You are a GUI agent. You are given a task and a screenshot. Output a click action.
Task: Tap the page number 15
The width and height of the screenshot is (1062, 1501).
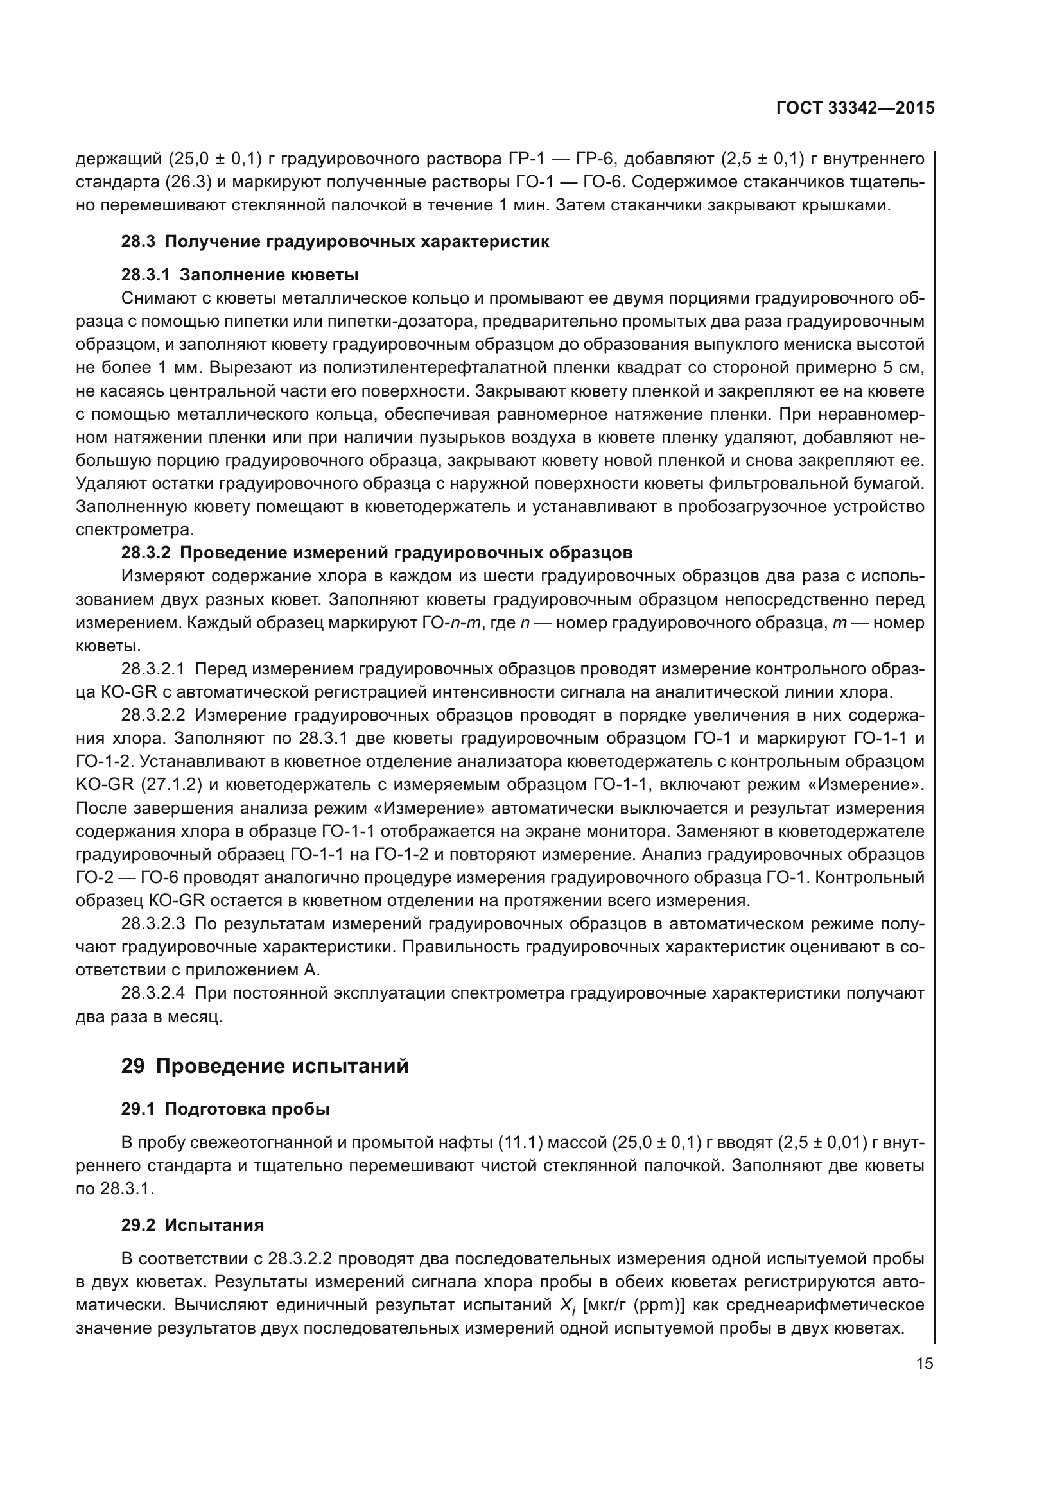coord(924,1364)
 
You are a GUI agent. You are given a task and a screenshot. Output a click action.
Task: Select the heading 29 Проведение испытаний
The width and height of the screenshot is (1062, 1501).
coord(264,1067)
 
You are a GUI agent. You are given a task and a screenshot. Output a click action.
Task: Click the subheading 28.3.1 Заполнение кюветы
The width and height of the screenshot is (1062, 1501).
coord(239,274)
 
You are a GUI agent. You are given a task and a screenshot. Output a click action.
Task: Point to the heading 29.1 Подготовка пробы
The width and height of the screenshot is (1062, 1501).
coord(225,1109)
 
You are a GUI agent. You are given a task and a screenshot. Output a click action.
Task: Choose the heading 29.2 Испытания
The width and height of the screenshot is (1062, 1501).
coord(192,1225)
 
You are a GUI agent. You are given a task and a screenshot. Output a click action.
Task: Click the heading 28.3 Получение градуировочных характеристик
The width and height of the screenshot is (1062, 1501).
coord(335,241)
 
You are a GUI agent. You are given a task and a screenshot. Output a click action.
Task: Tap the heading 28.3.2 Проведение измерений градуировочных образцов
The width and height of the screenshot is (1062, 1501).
coord(377,553)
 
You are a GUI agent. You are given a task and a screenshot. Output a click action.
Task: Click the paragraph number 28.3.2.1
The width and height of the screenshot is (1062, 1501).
coord(153,669)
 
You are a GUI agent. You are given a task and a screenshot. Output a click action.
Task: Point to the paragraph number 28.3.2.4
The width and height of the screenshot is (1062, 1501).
coord(153,993)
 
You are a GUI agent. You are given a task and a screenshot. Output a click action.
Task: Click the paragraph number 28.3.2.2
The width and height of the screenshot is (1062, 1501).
coord(153,715)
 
